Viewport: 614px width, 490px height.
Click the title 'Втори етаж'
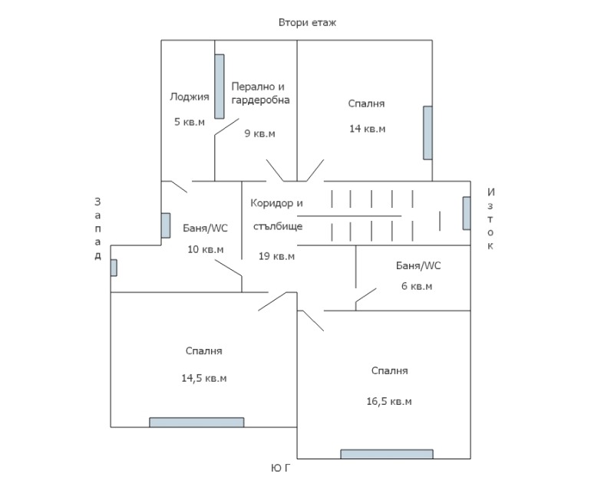[307, 22]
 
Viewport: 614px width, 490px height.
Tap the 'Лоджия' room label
[189, 97]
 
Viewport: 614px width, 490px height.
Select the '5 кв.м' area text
[189, 121]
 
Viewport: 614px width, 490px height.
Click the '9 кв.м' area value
[259, 133]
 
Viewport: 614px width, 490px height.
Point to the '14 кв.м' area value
[367, 128]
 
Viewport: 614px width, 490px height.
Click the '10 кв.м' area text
[206, 249]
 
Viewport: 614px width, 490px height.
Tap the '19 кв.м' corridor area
[276, 255]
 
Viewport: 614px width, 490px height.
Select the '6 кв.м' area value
[417, 286]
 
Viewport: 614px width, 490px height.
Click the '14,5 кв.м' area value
[203, 378]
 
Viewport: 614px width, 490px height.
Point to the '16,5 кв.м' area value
[389, 401]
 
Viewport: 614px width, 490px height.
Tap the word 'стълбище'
[277, 226]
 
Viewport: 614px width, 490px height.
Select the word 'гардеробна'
[261, 100]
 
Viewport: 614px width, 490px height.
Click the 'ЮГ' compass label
[281, 467]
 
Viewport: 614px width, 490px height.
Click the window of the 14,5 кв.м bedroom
[196, 422]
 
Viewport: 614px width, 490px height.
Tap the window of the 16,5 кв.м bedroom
[387, 454]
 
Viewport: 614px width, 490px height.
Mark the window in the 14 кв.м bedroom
[427, 133]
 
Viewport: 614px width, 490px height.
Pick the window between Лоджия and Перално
[219, 86]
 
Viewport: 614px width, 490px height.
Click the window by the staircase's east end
[466, 213]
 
